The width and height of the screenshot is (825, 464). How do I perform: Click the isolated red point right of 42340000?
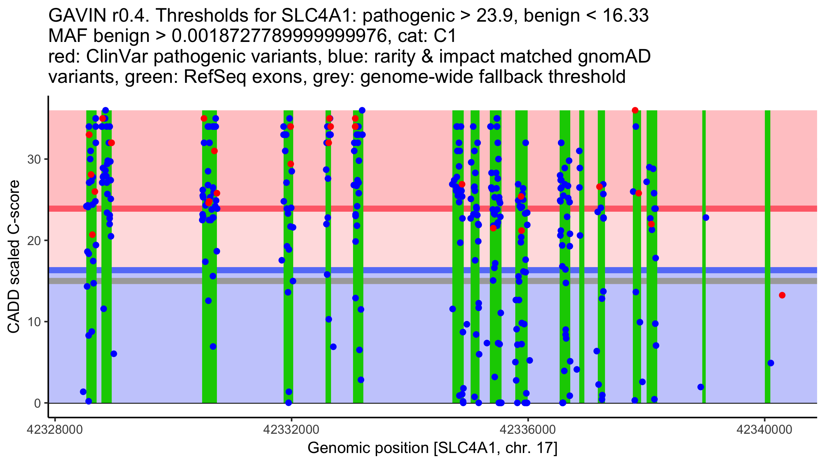coord(782,295)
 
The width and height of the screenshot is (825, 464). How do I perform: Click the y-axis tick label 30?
coord(34,159)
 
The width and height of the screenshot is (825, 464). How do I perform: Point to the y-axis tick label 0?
coord(37,403)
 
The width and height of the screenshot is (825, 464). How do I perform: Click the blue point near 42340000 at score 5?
coord(771,363)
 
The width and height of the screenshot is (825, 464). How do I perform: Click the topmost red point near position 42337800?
coord(635,110)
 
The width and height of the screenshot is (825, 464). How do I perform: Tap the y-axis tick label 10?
coord(34,322)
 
